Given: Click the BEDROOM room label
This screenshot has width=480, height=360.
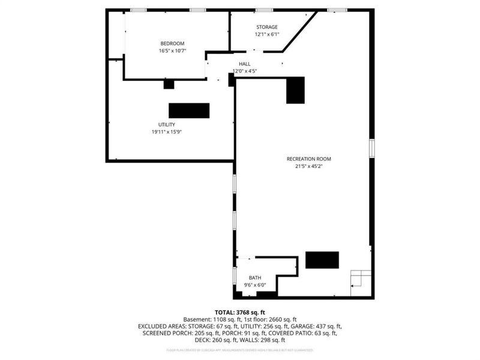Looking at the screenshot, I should pos(172,43).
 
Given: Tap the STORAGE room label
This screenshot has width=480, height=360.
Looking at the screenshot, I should pos(267,27).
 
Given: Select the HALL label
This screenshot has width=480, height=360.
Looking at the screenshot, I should pos(245,64).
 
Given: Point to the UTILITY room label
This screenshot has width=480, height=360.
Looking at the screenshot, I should pos(167,125).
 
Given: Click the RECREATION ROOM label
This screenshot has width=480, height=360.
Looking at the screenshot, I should pos(309,159).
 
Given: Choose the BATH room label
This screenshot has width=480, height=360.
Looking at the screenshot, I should pos(256,278).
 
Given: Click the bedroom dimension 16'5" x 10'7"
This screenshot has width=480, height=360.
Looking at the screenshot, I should pos(172,51).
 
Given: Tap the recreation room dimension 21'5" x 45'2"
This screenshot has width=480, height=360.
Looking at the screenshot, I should pos(309,167).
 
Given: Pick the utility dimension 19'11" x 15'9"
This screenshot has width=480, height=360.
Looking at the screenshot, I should pos(167,132).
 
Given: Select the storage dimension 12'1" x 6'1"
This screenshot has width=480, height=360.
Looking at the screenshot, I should pos(267,34).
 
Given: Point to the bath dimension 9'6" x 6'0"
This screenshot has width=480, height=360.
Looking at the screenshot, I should pos(256,285).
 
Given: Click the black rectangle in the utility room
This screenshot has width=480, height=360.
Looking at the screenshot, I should pos(189,111).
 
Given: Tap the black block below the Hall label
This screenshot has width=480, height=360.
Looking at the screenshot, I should pos(295,90).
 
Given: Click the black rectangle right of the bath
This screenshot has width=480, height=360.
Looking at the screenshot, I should pos(322,260).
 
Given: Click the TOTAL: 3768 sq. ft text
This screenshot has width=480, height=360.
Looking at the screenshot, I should pos(240,313).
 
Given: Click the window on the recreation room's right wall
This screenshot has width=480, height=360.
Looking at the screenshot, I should pos(372,147).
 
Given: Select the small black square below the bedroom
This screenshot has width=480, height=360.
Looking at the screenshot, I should pos(169,85).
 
